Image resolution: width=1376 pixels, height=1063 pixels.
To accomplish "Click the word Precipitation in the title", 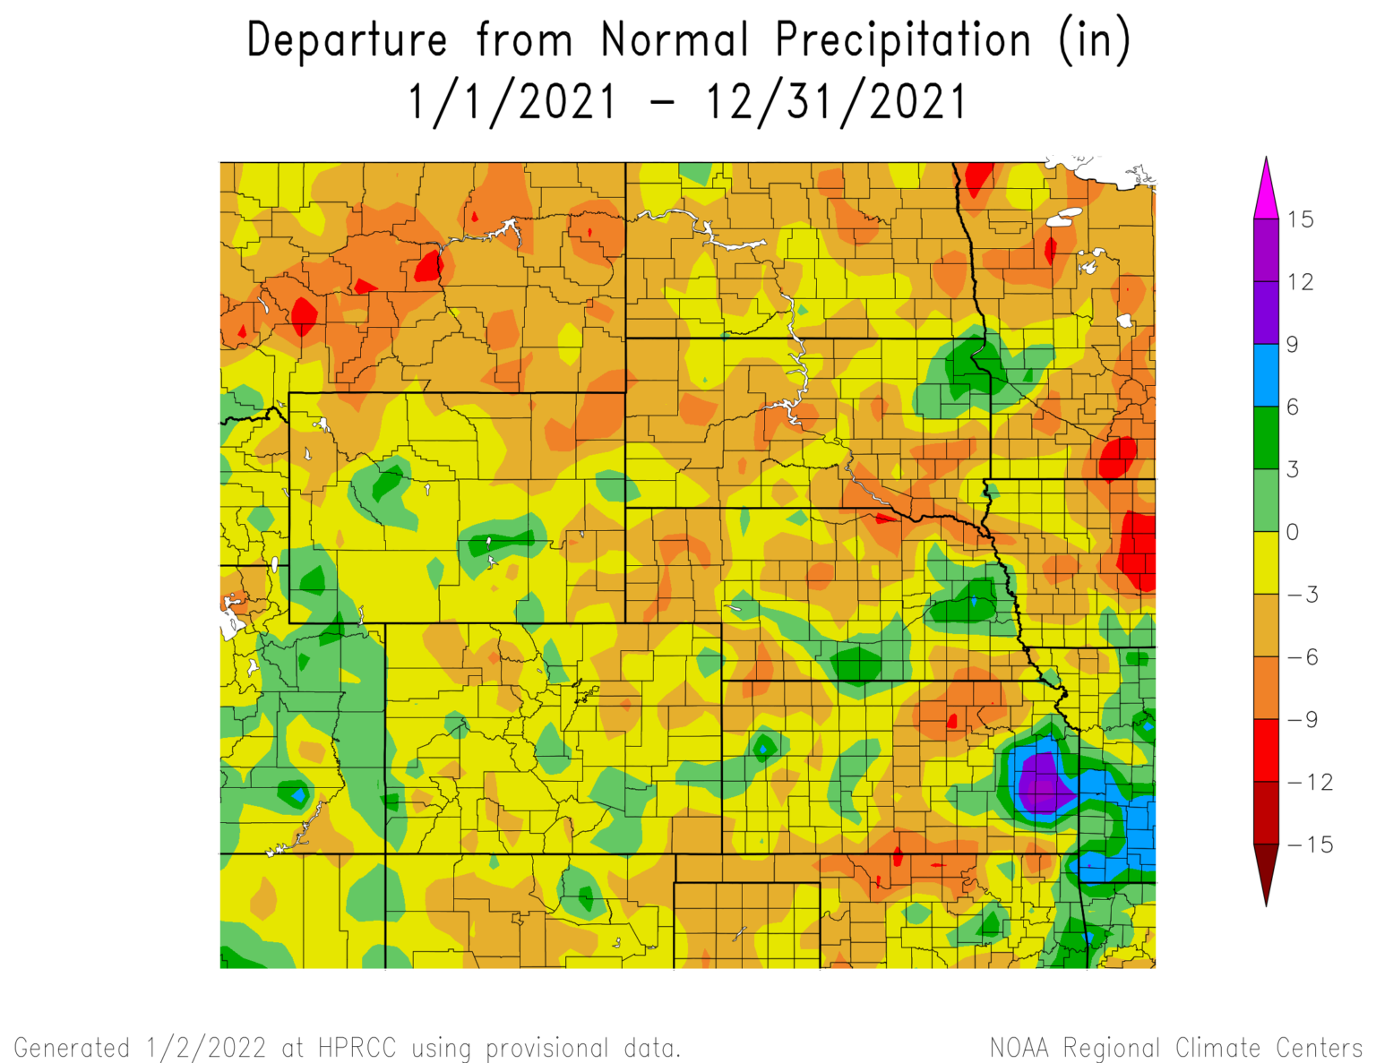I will pyautogui.click(x=903, y=41).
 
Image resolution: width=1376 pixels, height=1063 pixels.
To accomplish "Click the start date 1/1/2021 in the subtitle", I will pyautogui.click(x=512, y=101).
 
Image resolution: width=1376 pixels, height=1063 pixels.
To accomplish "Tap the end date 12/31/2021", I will pyautogui.click(x=837, y=101).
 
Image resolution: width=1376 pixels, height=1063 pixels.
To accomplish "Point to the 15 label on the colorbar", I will pyautogui.click(x=1300, y=219).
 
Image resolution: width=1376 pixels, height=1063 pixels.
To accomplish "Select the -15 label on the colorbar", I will pyautogui.click(x=1310, y=844).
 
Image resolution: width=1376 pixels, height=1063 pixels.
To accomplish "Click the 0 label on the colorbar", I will pyautogui.click(x=1293, y=532).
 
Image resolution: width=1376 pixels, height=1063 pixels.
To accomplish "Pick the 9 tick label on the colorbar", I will pyautogui.click(x=1293, y=345).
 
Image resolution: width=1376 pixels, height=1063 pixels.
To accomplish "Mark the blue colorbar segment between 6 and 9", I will pyautogui.click(x=1266, y=375).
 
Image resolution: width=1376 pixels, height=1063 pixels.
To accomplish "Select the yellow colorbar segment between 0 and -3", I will pyautogui.click(x=1266, y=562).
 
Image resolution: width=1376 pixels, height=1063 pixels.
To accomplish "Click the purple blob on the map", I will pyautogui.click(x=1042, y=784).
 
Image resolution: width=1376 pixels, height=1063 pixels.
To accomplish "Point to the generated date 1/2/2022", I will pyautogui.click(x=205, y=1048).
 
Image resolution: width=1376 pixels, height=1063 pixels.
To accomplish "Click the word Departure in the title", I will pyautogui.click(x=347, y=41).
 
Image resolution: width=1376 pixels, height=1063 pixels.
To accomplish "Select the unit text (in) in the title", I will pyautogui.click(x=1095, y=41).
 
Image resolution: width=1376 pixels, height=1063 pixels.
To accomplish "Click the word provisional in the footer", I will pyautogui.click(x=553, y=1049).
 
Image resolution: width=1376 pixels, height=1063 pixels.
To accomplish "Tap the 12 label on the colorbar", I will pyautogui.click(x=1300, y=282).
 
